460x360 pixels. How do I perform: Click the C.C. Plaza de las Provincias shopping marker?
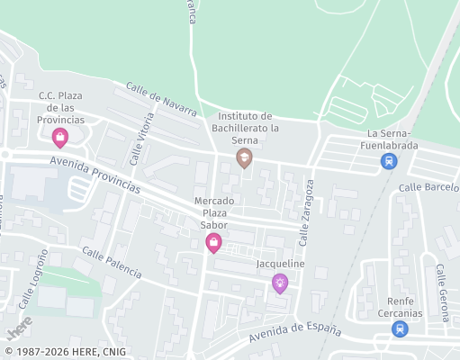point(60,138)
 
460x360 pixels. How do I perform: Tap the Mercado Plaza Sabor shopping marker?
point(214,241)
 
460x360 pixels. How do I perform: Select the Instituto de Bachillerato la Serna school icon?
point(244,158)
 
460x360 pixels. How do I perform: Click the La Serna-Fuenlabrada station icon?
point(388,162)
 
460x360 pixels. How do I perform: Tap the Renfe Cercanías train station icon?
point(399,328)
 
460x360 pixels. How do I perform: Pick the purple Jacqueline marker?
point(280,283)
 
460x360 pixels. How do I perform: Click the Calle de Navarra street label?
point(162,99)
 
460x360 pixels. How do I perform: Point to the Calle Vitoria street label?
point(142,139)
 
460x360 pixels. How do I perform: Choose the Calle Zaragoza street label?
point(307,213)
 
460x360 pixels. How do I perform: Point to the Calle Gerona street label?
point(441,292)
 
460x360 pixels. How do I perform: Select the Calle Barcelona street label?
point(430,186)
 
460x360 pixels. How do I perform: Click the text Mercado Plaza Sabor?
point(214,212)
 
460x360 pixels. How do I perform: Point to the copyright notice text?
point(65,351)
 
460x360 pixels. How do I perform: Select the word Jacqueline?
point(281,264)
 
